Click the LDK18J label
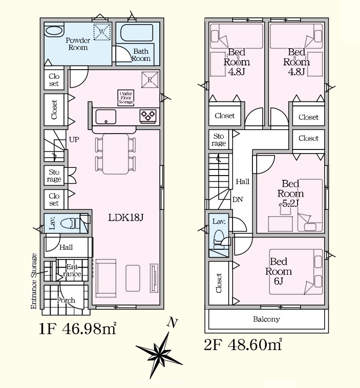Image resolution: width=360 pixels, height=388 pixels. (x=126, y=218)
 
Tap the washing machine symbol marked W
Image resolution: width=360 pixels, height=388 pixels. (x=102, y=31)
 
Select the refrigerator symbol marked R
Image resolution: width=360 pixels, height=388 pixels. (x=150, y=80)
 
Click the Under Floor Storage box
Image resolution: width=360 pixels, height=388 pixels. (x=126, y=97)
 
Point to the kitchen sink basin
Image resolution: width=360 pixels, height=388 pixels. (x=105, y=116)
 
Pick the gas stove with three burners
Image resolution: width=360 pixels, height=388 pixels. (x=148, y=116)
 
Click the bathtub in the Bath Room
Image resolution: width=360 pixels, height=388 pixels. (x=136, y=33)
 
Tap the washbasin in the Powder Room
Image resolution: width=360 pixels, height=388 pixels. (x=54, y=31)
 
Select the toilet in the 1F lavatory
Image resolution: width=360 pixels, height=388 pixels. (x=70, y=223)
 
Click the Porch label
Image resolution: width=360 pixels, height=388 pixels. (x=66, y=300)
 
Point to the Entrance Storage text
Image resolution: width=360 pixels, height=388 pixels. (x=34, y=281)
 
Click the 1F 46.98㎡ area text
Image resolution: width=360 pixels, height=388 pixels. (x=77, y=329)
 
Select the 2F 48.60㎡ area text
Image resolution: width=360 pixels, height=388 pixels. (x=243, y=344)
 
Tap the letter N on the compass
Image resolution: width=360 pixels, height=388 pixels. (x=173, y=322)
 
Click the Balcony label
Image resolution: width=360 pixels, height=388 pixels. (x=266, y=319)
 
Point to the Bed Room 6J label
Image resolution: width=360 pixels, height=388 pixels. (x=279, y=271)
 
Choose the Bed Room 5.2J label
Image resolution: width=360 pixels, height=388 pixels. (x=290, y=193)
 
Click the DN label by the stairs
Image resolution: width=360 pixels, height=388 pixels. (x=238, y=200)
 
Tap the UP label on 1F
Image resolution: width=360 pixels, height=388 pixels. (x=74, y=140)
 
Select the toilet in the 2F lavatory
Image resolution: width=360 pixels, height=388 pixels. (x=218, y=239)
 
